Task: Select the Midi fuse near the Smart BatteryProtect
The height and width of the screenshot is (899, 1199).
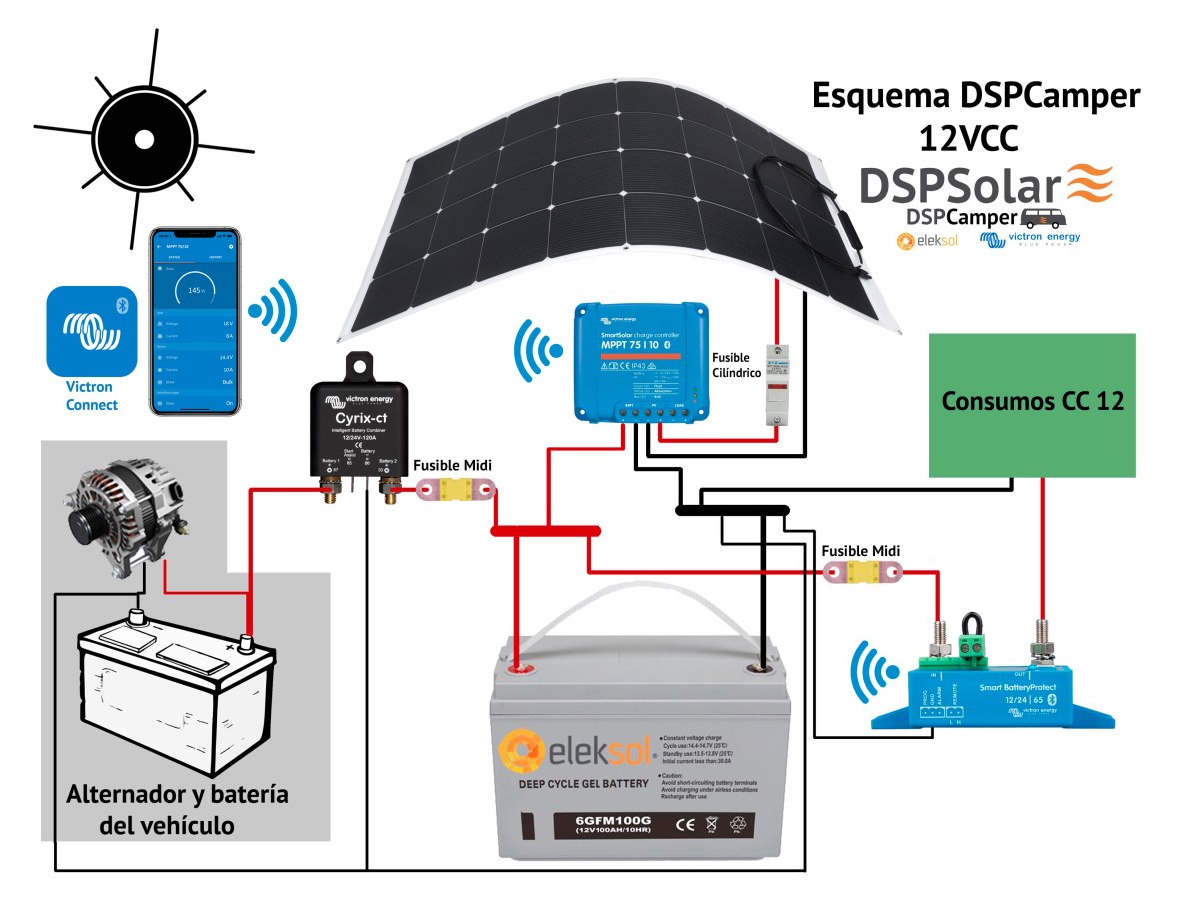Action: (863, 572)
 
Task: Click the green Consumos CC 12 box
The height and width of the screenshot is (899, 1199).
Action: (1032, 405)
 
